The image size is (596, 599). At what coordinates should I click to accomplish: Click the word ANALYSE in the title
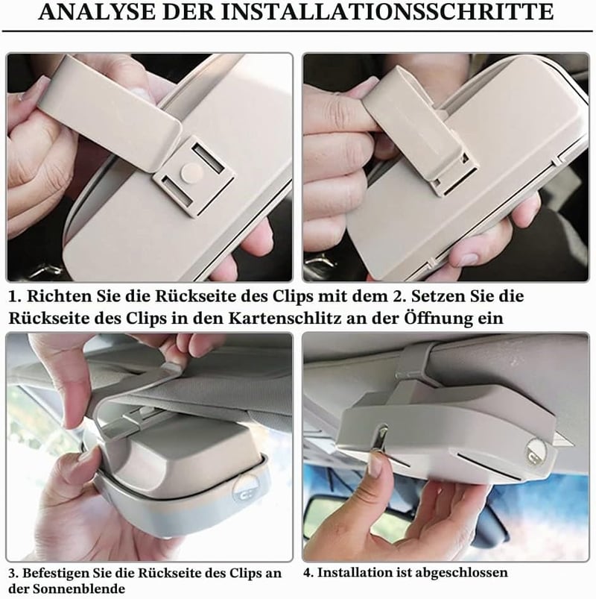pyautogui.click(x=97, y=12)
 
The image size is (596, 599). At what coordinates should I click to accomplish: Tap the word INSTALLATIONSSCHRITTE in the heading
pyautogui.click(x=387, y=12)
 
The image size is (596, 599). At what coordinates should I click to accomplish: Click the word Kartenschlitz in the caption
pyautogui.click(x=285, y=319)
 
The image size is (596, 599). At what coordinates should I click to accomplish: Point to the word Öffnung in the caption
pyautogui.click(x=437, y=318)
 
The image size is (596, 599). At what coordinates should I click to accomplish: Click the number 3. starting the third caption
pyautogui.click(x=13, y=574)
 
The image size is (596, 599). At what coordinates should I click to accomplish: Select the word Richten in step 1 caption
pyautogui.click(x=53, y=296)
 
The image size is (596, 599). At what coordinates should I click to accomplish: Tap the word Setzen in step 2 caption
pyautogui.click(x=437, y=296)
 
